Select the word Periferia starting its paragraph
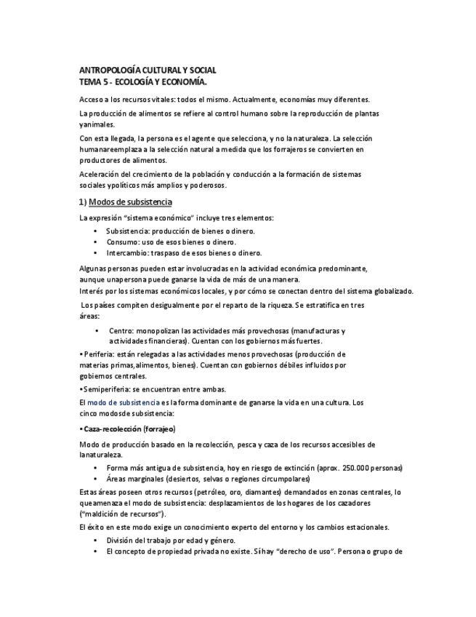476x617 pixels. [x=101, y=353]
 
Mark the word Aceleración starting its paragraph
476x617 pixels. [x=101, y=174]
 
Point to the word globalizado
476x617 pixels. [x=388, y=291]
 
